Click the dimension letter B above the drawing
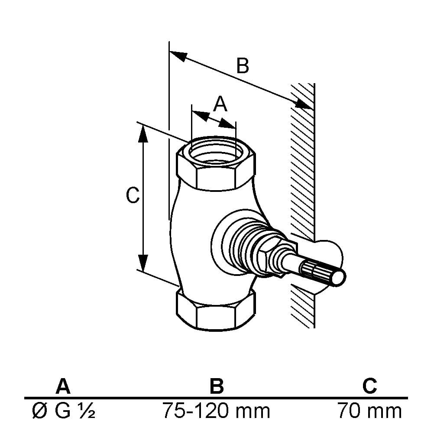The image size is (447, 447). (x=243, y=66)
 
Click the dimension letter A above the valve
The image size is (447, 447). (x=220, y=104)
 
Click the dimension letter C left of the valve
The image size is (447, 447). (x=133, y=196)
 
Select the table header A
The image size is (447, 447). (x=63, y=385)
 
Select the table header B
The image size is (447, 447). (x=216, y=385)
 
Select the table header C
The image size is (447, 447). (x=369, y=385)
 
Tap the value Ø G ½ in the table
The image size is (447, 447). (x=64, y=411)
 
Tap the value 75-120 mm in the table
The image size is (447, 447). (x=216, y=411)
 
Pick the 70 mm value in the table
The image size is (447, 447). (x=369, y=411)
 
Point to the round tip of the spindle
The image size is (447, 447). (x=339, y=277)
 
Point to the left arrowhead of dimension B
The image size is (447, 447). (x=178, y=55)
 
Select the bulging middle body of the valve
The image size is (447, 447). (x=191, y=234)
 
